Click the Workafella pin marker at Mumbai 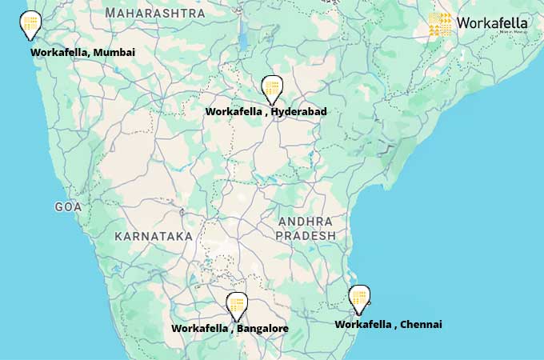[30, 23]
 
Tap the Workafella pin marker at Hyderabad [272, 88]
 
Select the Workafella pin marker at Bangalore [236, 305]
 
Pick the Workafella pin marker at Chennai [360, 298]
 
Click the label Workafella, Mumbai [82, 52]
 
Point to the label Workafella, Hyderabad [266, 112]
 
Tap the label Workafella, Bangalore [230, 329]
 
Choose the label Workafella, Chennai [388, 324]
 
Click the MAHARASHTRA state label [155, 13]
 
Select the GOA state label [68, 207]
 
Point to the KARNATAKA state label [154, 236]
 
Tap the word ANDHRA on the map [306, 221]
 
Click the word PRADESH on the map [306, 236]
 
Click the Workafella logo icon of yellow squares [440, 24]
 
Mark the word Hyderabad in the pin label [298, 112]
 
